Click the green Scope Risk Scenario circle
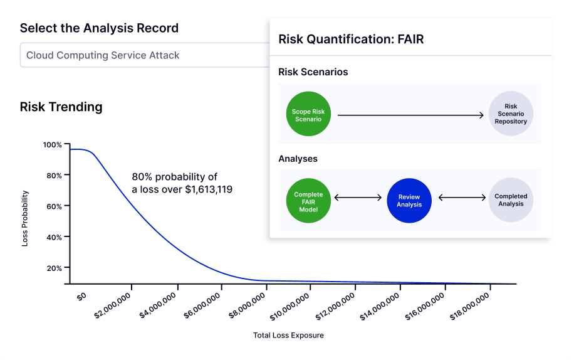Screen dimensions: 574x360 pyautogui.click(x=308, y=114)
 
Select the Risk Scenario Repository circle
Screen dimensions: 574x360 pyautogui.click(x=511, y=114)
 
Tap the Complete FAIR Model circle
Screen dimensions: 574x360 pyautogui.click(x=308, y=201)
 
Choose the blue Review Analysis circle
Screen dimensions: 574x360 pyautogui.click(x=409, y=201)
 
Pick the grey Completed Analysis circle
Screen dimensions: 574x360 pyautogui.click(x=511, y=200)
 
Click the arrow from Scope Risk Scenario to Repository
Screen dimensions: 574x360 pyautogui.click(x=410, y=115)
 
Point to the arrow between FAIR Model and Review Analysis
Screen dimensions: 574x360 pyautogui.click(x=358, y=198)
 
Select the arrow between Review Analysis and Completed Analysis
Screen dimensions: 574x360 pyautogui.click(x=462, y=198)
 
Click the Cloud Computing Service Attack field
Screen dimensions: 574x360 pyautogui.click(x=145, y=55)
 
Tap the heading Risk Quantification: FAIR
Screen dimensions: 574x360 pyautogui.click(x=351, y=39)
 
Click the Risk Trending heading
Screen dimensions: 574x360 pyautogui.click(x=61, y=107)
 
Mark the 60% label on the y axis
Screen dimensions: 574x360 pyautogui.click(x=54, y=206)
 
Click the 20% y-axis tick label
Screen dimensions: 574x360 pyautogui.click(x=54, y=268)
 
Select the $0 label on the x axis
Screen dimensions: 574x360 pyautogui.click(x=81, y=296)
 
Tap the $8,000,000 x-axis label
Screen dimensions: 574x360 pyautogui.click(x=247, y=306)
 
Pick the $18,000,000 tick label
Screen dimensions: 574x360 pyautogui.click(x=469, y=307)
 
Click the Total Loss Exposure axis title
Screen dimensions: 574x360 pyautogui.click(x=288, y=335)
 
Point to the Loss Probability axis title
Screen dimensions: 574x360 pyautogui.click(x=25, y=218)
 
